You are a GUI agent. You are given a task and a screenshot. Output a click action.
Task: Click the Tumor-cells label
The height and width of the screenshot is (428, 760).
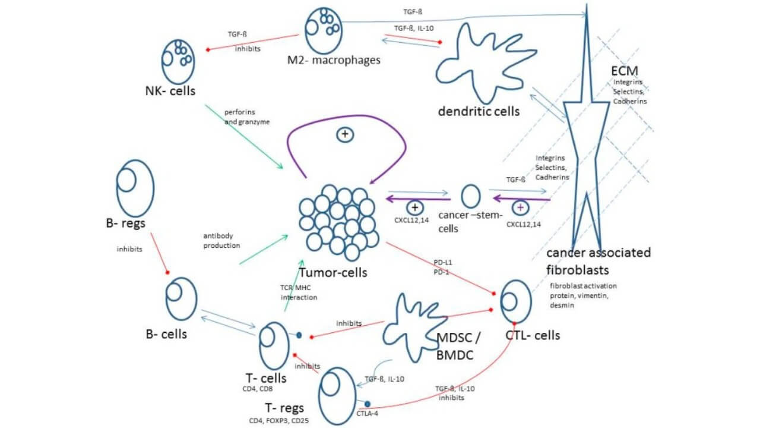pos(333,272)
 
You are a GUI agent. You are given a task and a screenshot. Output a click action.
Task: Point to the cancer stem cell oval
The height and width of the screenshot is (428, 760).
pos(471,196)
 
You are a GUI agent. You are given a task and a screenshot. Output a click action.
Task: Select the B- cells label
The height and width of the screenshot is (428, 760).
pos(167,333)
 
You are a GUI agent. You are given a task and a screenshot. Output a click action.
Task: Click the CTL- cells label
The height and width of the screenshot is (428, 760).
pos(532,335)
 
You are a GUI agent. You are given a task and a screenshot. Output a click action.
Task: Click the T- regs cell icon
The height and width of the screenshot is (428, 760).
pos(338,393)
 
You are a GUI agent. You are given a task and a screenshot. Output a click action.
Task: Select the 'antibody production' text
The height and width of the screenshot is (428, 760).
pos(221,240)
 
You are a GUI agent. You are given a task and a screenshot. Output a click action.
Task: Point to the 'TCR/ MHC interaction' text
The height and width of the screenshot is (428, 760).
pos(298,292)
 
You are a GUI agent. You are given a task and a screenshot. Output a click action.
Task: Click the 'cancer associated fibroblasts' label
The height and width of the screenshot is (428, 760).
pos(598,260)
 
